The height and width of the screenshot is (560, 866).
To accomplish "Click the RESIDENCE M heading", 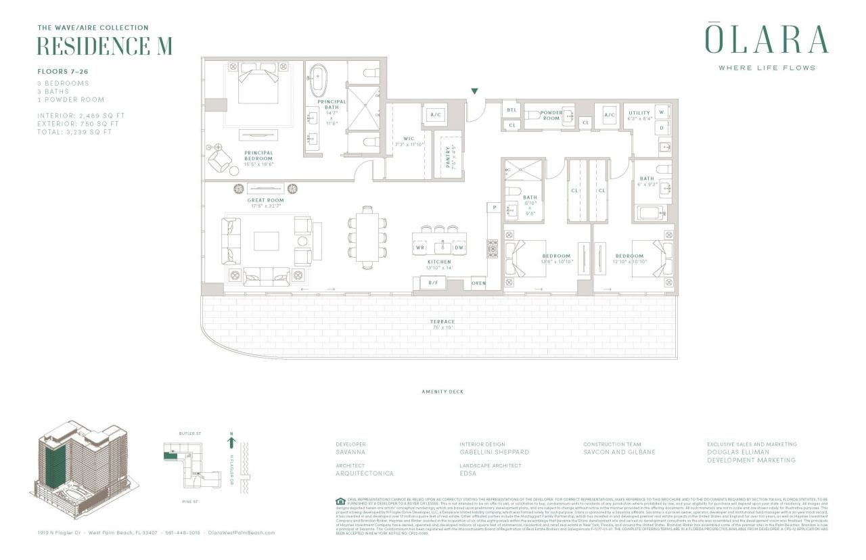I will coord(104,46).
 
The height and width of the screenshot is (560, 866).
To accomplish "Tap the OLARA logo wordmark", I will coord(767,40).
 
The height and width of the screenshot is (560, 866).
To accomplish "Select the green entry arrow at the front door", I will coord(475,91).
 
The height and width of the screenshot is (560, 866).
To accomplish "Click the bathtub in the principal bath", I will coord(317,81).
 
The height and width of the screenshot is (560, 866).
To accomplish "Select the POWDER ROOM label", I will coord(551,116).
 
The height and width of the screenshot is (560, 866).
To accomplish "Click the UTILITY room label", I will coord(639,113).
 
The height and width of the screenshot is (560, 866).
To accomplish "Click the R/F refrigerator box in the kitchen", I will coord(433,283).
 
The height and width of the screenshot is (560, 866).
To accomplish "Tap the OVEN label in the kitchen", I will coord(478,283).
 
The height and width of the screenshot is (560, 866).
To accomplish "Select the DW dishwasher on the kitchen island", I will coord(458,248).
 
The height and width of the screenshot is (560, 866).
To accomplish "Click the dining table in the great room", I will coord(366,238).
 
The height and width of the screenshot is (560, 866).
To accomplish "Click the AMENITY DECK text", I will coord(442,392).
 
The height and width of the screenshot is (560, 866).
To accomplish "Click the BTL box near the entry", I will coord(511,110).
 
